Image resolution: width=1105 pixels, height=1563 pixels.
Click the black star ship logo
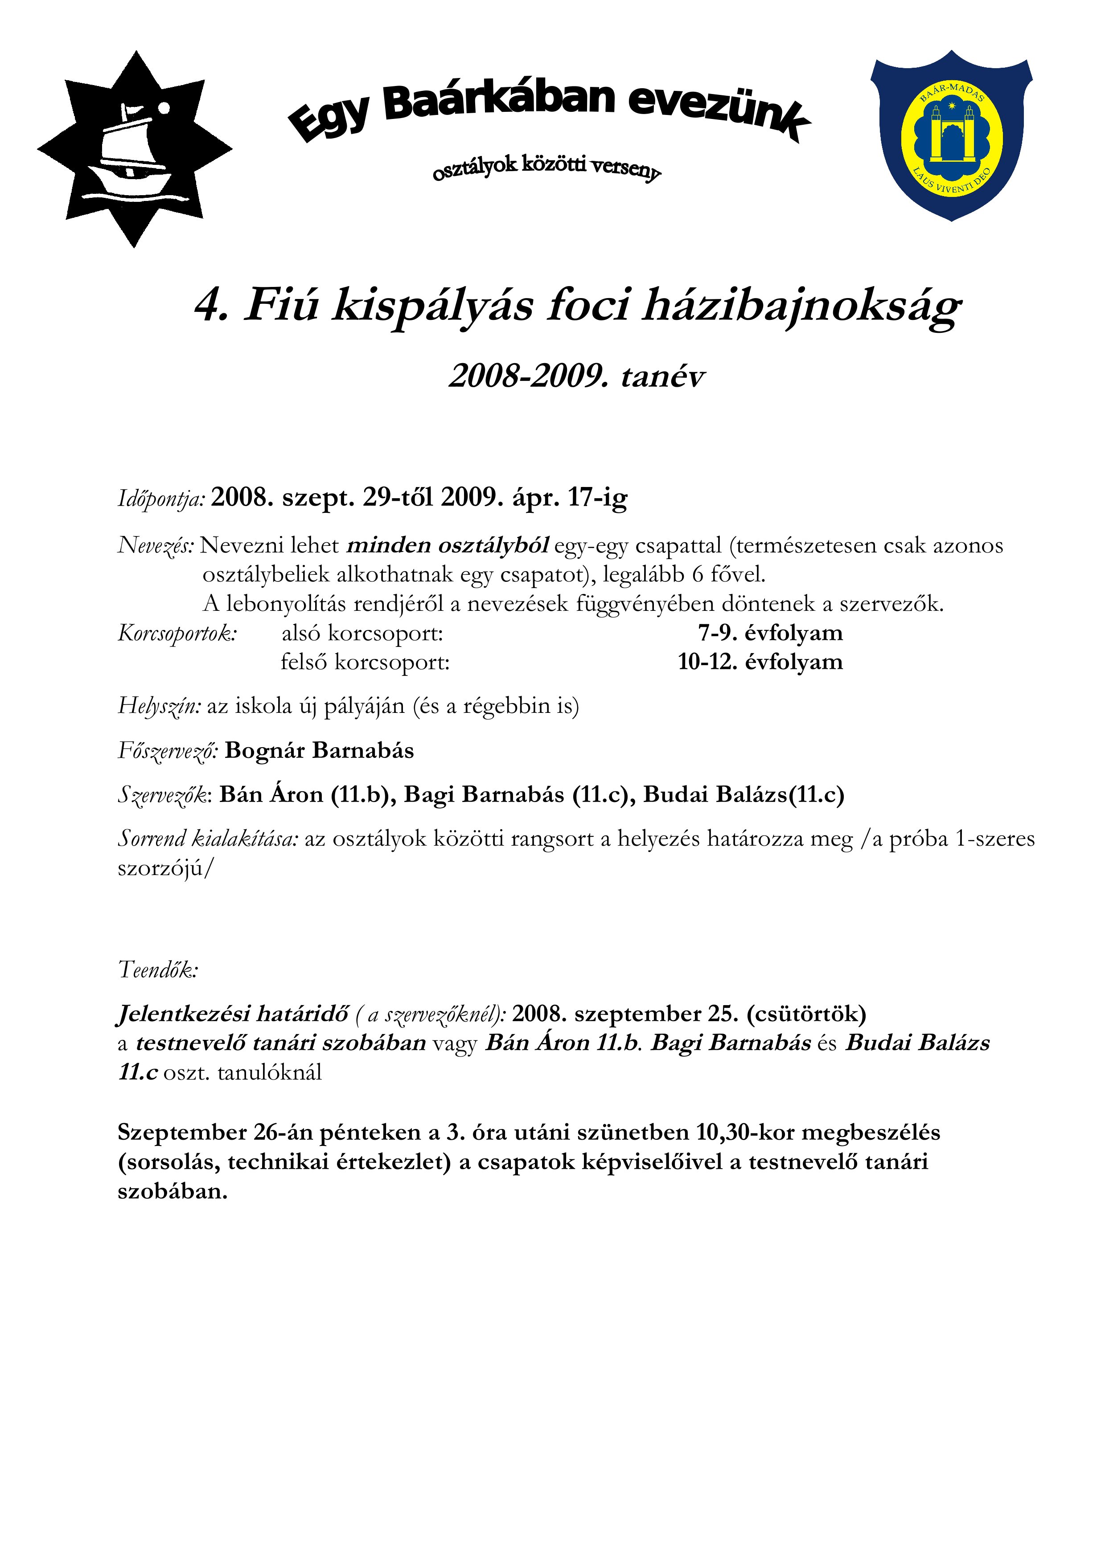tap(134, 150)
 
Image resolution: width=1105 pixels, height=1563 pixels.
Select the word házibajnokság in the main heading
tap(801, 307)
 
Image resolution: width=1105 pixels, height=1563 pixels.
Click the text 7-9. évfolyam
tap(770, 633)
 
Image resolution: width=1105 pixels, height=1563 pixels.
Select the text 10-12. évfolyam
tap(760, 662)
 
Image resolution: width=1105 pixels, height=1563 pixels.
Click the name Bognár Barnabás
tap(319, 750)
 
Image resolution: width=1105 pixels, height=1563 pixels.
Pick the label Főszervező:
tap(168, 751)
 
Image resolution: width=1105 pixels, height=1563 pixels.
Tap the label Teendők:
tap(158, 970)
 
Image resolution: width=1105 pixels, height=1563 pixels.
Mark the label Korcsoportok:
tap(177, 634)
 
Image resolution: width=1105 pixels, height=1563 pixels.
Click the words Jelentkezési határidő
tap(233, 1015)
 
